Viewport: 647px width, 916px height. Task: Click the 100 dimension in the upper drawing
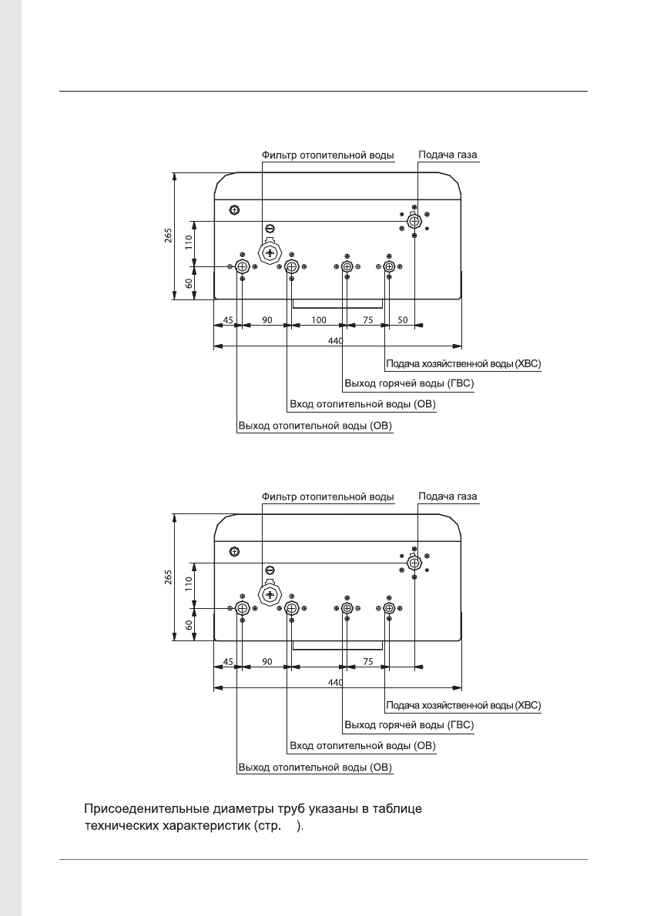coord(319,319)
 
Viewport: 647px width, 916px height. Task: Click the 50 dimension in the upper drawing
coord(402,319)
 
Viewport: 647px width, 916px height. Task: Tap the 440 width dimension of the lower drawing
coord(336,682)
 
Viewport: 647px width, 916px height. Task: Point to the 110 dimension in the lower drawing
coord(188,584)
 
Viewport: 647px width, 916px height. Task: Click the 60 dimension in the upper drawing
coord(188,284)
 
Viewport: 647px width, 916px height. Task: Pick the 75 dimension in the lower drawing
coord(368,661)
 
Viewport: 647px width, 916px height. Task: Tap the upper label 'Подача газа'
coord(448,155)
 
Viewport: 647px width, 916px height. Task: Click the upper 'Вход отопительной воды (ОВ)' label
coord(362,404)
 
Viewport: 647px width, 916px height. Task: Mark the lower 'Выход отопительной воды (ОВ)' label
coord(316,767)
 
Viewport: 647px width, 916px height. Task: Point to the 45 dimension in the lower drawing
coord(228,661)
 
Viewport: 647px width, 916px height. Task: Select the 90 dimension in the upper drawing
coord(267,319)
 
